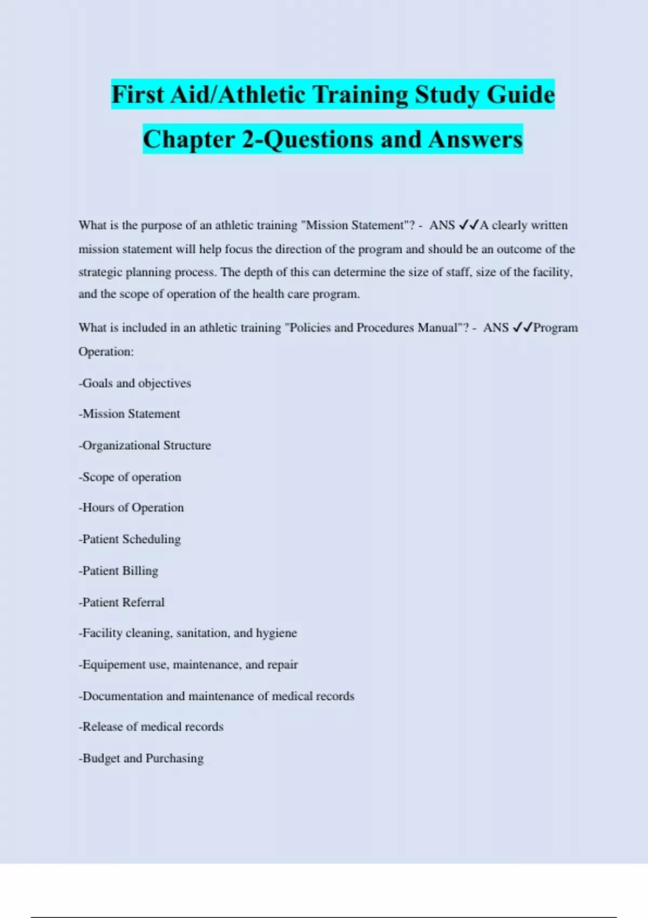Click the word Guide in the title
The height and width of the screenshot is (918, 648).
(x=521, y=94)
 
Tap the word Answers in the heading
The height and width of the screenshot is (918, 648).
(x=475, y=139)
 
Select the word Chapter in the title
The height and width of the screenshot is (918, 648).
(x=189, y=139)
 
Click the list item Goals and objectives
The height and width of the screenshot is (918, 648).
(x=135, y=383)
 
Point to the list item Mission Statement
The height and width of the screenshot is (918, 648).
(x=130, y=414)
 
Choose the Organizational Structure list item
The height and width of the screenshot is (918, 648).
(x=145, y=446)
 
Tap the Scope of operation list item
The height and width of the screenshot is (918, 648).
(x=130, y=477)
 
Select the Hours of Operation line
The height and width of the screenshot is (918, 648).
(x=131, y=508)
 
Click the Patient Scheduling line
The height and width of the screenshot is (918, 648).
(x=130, y=539)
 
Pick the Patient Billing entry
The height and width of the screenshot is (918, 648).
(x=119, y=571)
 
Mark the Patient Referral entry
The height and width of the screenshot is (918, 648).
(x=122, y=603)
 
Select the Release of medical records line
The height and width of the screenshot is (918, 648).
(x=151, y=727)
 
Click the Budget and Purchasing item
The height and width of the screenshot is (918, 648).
(x=141, y=759)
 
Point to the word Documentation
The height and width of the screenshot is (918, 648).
(x=122, y=697)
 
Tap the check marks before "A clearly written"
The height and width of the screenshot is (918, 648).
(x=468, y=225)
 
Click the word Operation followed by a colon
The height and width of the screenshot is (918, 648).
(x=106, y=352)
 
